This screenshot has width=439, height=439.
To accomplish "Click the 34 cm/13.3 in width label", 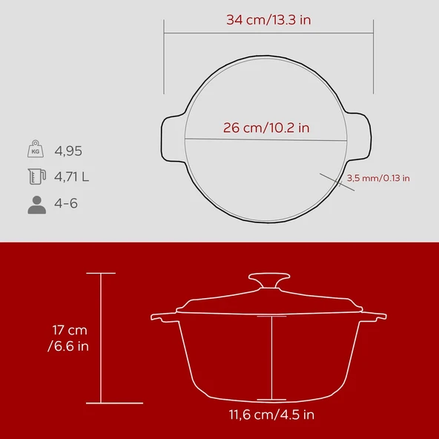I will click(x=268, y=20).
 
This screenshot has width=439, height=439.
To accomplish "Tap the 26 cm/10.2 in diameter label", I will click(x=266, y=128).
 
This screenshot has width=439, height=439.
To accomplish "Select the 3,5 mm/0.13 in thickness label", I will click(x=378, y=178).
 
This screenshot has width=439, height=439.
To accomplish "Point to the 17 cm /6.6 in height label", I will click(x=70, y=338).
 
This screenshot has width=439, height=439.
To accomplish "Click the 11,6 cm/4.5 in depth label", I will click(x=272, y=415).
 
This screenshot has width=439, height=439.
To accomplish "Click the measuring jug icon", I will click(x=36, y=176).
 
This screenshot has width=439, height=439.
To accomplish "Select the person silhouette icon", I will click(x=36, y=204).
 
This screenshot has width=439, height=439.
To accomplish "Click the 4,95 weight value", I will click(x=68, y=151).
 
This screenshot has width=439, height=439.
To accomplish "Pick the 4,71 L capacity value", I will click(x=72, y=177).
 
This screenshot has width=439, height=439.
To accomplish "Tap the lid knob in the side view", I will click(x=268, y=280).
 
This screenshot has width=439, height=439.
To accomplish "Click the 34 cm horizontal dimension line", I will click(x=268, y=33).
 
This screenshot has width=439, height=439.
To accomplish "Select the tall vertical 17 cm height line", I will click(x=102, y=338).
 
